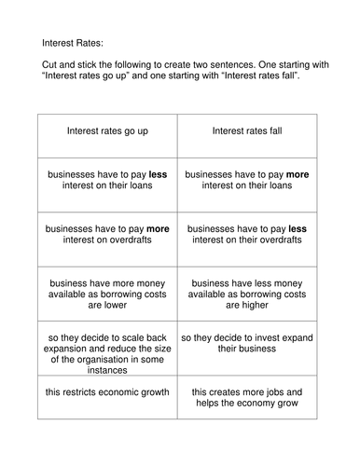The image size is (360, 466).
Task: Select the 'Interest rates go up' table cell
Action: [107, 131]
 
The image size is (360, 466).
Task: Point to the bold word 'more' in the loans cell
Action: [298, 173]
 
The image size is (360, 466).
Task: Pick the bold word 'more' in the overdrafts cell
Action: [158, 227]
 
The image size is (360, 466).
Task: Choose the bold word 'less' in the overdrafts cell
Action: [298, 227]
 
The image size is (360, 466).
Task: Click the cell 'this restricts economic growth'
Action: [107, 392]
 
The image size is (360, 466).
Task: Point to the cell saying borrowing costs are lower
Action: [107, 293]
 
